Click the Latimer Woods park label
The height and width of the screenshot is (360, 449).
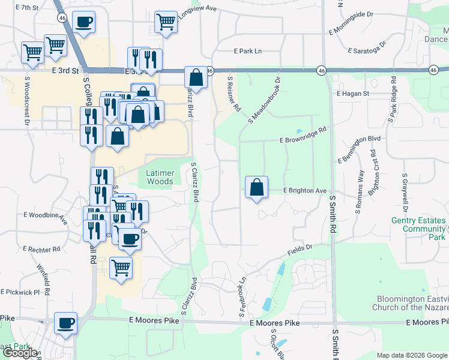tap(160, 177)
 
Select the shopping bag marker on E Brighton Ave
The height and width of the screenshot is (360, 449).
tap(256, 188)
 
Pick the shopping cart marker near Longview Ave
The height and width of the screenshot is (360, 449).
tap(165, 23)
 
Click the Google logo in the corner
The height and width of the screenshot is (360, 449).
tap(20, 352)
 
